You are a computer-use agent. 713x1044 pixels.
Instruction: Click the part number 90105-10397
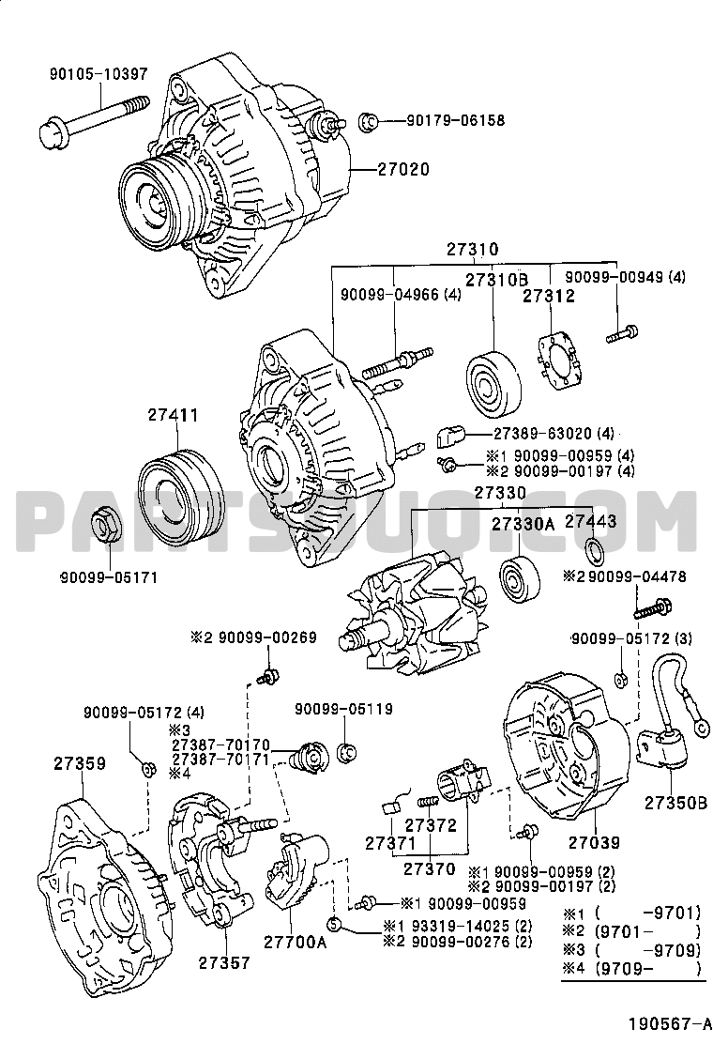click(x=93, y=74)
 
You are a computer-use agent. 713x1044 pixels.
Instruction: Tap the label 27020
click(x=402, y=170)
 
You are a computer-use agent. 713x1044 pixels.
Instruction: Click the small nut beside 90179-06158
click(x=370, y=120)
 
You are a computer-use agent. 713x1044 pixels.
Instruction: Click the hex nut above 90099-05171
click(x=106, y=526)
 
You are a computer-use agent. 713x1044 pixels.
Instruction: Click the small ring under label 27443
click(x=593, y=549)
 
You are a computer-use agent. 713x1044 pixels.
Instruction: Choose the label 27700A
click(x=294, y=942)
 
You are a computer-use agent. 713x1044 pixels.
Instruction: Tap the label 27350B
click(x=675, y=803)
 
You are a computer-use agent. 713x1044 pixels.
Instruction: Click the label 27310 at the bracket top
click(x=472, y=250)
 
